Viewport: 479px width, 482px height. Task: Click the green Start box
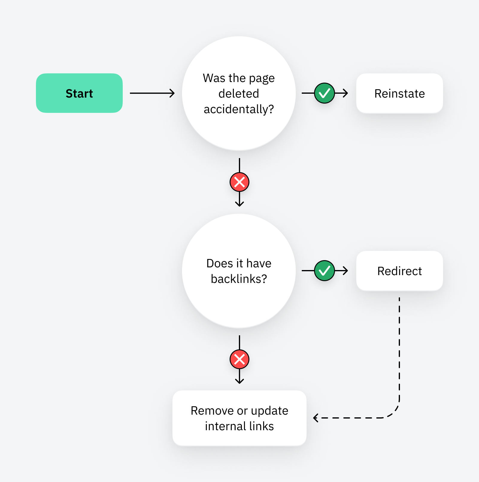point(79,93)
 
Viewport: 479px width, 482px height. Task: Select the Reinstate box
point(399,93)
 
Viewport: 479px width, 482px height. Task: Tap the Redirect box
point(399,271)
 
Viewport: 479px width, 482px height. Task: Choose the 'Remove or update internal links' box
point(239,418)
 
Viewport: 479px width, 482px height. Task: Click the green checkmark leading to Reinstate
point(324,93)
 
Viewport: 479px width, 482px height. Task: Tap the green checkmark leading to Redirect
point(324,271)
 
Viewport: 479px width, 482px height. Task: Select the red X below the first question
point(239,182)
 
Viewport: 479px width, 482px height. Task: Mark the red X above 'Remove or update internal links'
point(239,359)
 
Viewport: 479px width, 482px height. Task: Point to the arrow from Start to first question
point(152,93)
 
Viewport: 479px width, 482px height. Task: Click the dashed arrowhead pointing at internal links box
point(316,418)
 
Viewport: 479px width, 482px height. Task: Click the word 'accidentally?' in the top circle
point(239,109)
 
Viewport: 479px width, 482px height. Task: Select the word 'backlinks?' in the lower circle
point(239,279)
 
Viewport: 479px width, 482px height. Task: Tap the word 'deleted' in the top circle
point(239,94)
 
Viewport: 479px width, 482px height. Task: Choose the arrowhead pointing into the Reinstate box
point(345,93)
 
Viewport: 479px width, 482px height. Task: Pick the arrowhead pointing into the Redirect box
point(345,271)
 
